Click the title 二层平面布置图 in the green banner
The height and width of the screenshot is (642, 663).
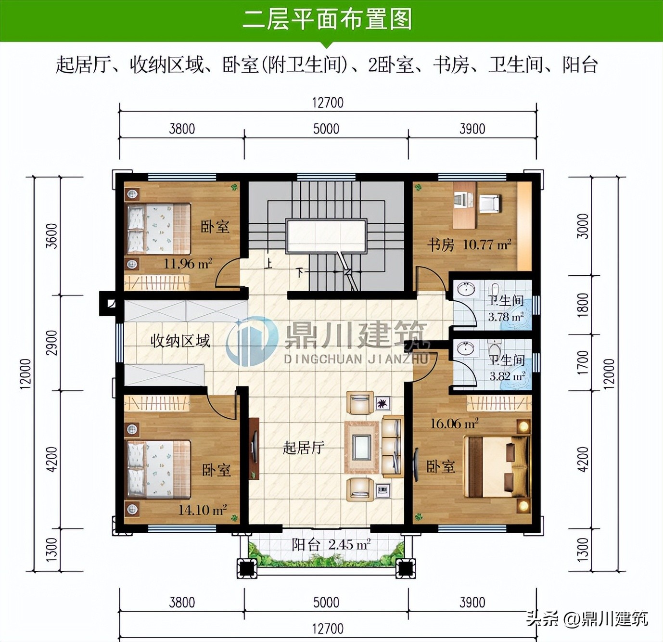[327, 20]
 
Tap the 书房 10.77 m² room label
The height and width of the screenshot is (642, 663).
[469, 245]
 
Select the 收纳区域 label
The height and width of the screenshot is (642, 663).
[180, 341]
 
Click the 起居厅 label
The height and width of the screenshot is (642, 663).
[303, 448]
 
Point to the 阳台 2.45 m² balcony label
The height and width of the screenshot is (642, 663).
[331, 545]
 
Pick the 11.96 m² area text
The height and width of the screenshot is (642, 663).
[188, 264]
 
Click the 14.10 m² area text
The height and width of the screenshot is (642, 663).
[203, 510]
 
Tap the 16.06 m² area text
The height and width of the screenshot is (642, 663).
[454, 424]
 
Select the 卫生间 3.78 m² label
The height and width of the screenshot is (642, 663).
[506, 308]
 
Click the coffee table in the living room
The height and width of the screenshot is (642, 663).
[361, 447]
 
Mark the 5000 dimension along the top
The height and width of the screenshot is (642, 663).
[326, 129]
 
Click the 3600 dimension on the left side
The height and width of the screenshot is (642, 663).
[51, 236]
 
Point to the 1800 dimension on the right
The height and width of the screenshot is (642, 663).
[583, 305]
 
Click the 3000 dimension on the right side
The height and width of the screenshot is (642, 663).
[583, 226]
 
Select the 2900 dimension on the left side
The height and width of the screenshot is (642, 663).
[51, 343]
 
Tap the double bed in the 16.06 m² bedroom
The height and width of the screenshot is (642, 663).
[496, 466]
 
